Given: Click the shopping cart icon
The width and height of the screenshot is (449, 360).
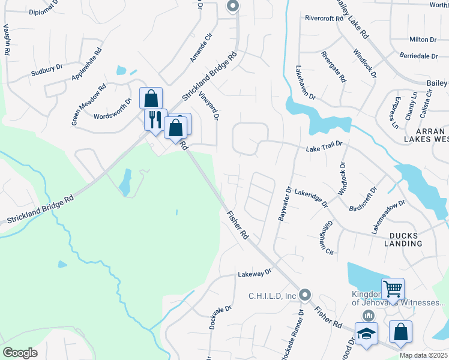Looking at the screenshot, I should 393,289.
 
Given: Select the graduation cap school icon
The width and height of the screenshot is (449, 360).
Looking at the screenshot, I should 366,334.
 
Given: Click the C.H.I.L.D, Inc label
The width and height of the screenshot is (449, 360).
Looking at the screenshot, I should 273,295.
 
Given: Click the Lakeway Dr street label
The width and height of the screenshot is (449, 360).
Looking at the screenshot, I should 255,273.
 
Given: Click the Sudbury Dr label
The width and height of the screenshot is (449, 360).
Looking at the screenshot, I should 47,71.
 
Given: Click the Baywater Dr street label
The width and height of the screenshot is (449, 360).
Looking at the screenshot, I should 285,203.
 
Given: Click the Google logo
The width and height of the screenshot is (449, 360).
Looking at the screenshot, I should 20,353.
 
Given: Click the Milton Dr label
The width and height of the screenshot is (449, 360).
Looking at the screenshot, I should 423,39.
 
